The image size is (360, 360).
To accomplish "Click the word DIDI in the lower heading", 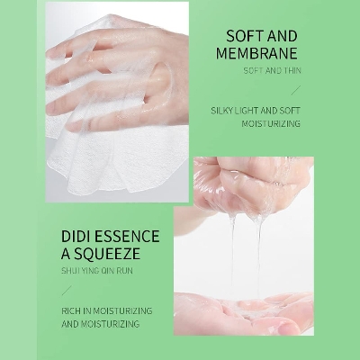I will click(x=78, y=237).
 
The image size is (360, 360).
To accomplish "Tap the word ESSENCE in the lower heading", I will click(x=129, y=237).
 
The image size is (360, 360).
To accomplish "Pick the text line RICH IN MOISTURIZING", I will click(x=107, y=310).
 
